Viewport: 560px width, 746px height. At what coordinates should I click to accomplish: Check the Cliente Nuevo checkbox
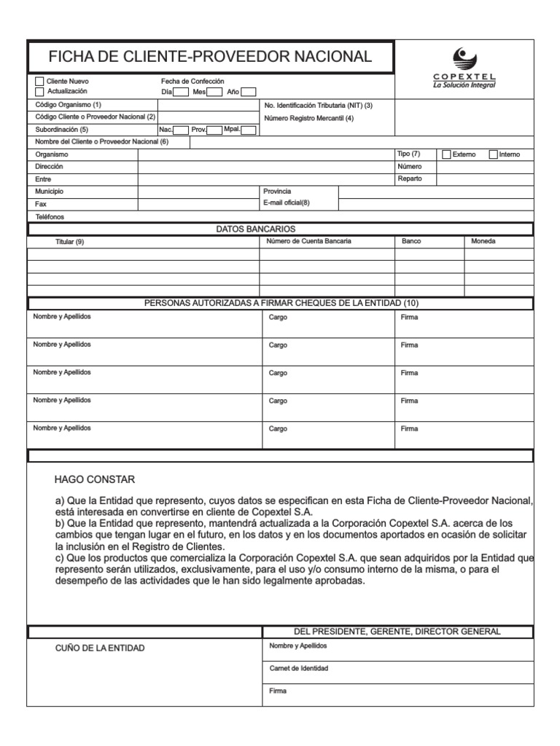pos(39,82)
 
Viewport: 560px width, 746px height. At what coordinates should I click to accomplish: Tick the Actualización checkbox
pos(39,92)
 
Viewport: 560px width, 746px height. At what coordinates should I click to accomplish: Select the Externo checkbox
pos(447,154)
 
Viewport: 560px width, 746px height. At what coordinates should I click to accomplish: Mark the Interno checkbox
pos(493,154)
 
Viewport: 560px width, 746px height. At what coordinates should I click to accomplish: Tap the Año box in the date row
pos(248,93)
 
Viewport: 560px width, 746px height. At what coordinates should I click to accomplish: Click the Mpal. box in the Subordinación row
pos(249,130)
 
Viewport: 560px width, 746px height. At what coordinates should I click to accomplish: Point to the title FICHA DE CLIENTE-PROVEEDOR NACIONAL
pos(210,57)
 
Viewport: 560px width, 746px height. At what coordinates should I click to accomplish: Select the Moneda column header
pos(483,241)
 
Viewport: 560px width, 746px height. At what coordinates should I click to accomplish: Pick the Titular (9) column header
pos(70,242)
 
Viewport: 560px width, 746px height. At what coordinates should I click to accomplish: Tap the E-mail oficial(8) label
pos(287,203)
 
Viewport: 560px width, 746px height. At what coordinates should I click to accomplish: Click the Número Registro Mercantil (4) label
pos(308,118)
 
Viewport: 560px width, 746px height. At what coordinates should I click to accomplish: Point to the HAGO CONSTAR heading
pos(94,479)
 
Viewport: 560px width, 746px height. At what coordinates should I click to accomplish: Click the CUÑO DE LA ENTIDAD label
pos(101,648)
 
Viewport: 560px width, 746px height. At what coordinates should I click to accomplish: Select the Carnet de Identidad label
pos(298,668)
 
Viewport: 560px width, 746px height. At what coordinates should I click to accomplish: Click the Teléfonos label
pos(50,217)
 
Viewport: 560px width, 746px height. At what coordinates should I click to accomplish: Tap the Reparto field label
pos(410,178)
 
